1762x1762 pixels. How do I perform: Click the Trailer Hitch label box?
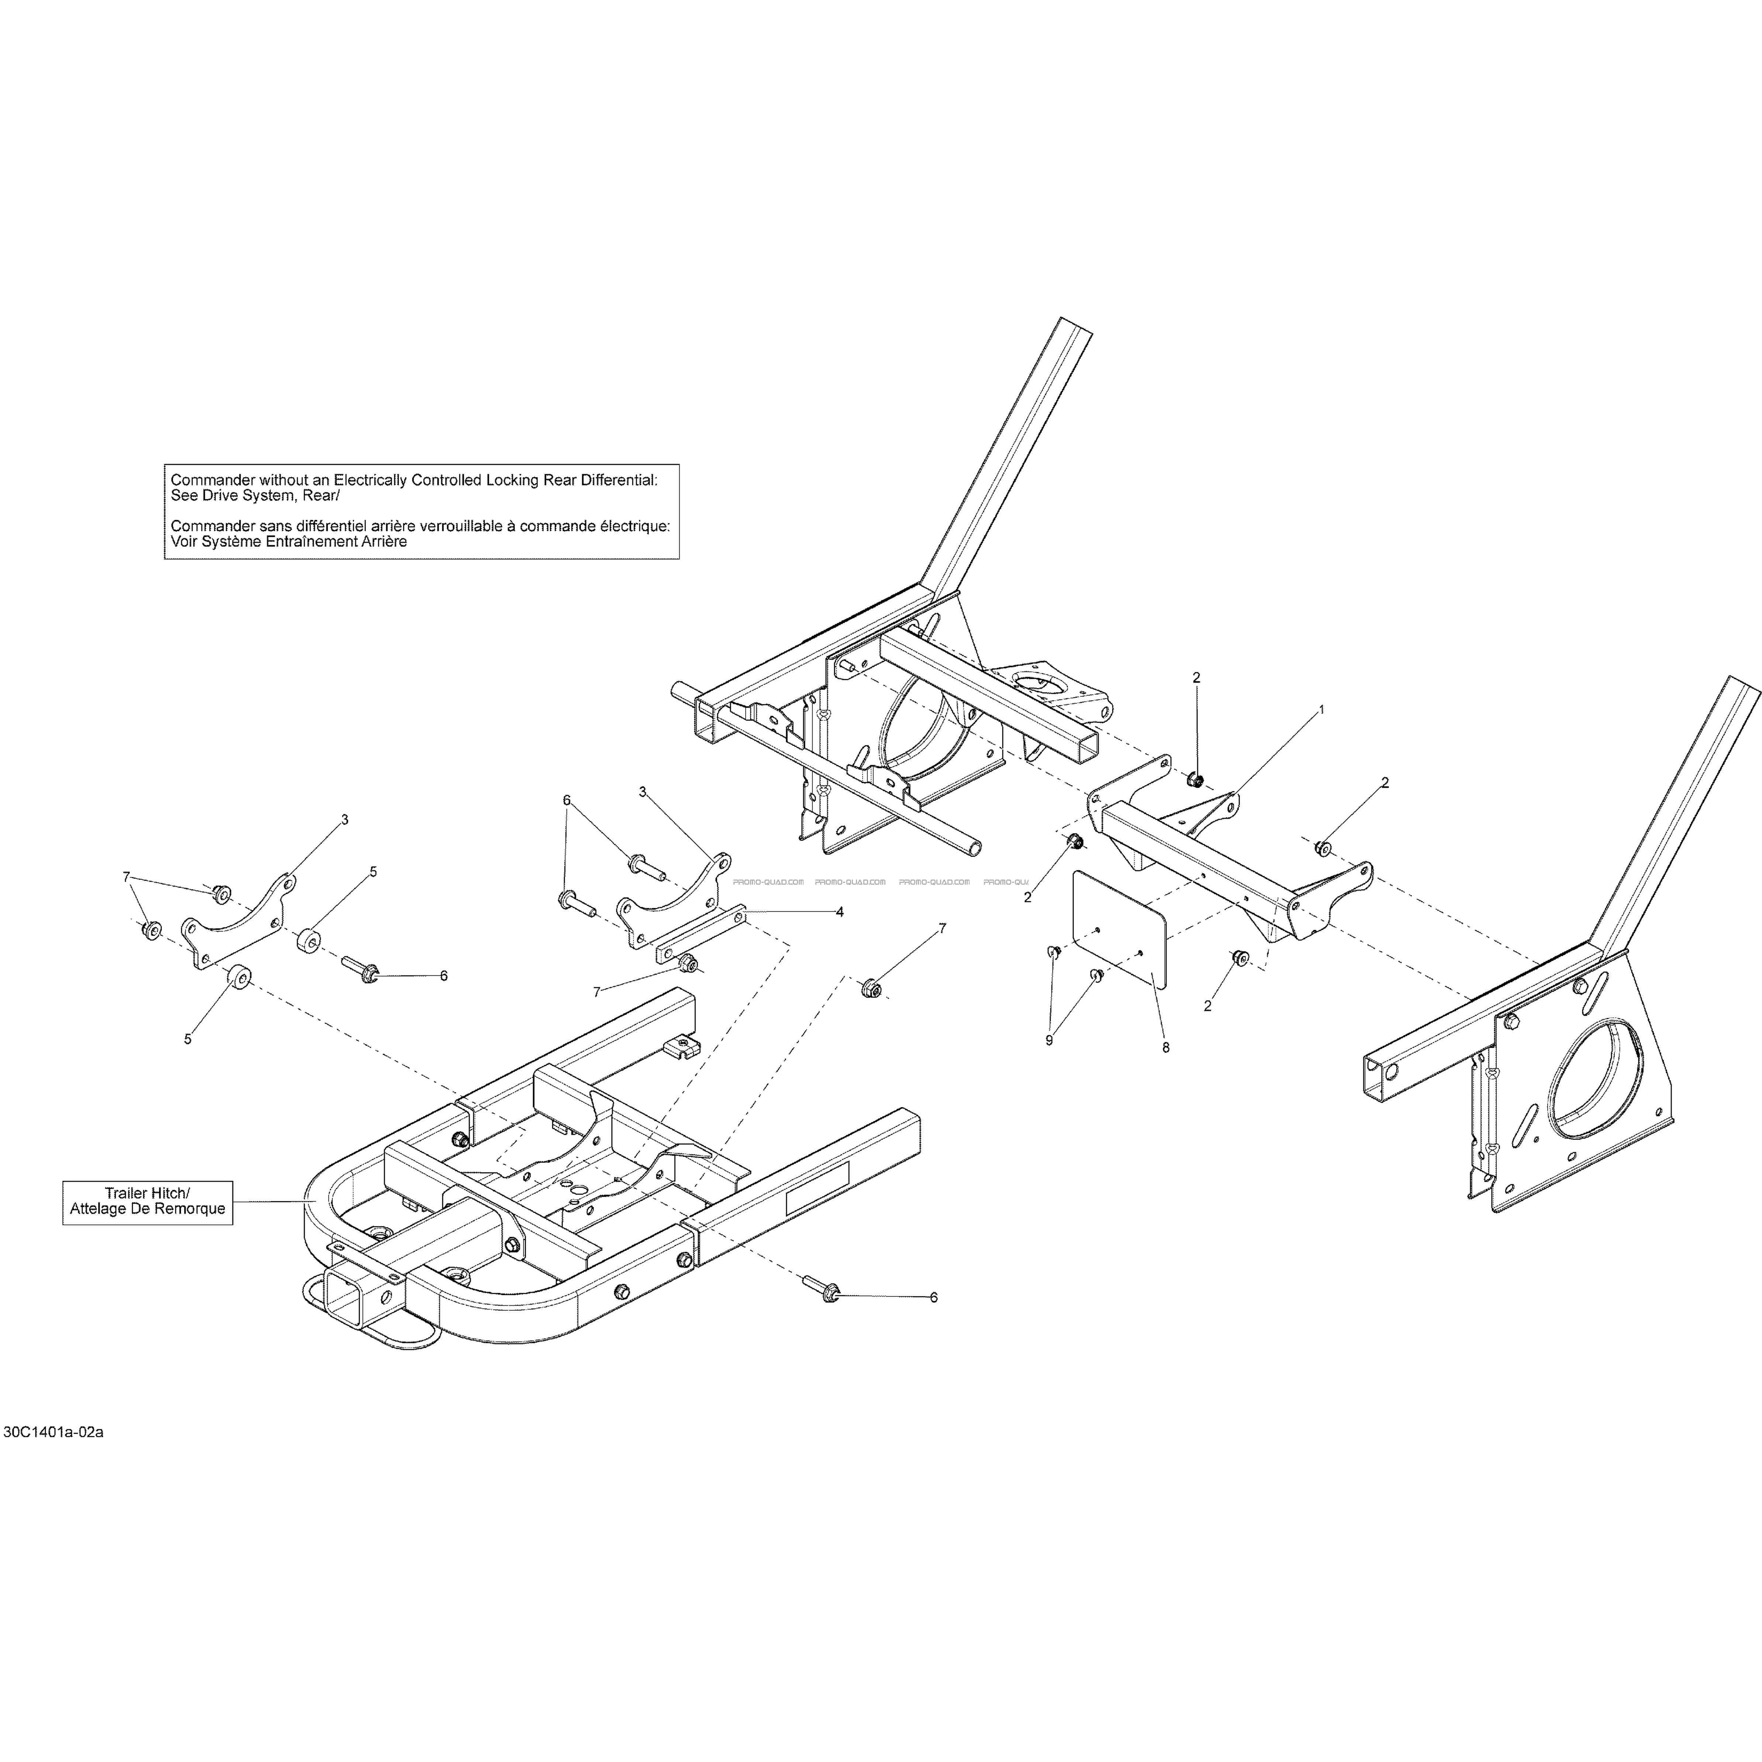tap(147, 1202)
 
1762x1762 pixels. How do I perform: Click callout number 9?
tap(1049, 1040)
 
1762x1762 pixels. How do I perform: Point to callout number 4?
tap(839, 911)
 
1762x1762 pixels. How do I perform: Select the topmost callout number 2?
tap(1196, 678)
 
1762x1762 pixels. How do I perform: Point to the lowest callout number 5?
tap(188, 1039)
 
